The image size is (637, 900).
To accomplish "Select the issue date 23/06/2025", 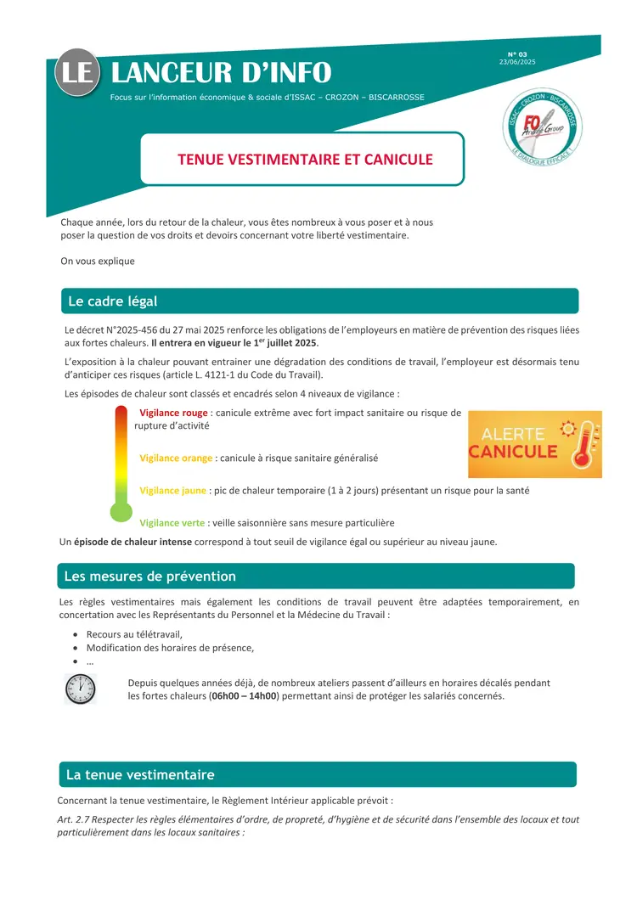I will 517,62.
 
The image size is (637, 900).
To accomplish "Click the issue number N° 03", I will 517,54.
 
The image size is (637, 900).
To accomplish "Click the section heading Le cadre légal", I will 112,301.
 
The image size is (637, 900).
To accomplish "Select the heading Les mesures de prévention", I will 150,577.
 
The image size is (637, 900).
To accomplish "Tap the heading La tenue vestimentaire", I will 140,775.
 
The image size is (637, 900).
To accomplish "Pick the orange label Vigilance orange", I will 176,458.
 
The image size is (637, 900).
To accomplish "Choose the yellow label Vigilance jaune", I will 173,490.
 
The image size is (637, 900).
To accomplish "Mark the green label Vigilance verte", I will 172,523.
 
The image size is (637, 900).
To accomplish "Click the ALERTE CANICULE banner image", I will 535,444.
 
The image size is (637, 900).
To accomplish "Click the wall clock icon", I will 81,689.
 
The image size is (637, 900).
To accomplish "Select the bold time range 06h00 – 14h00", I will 245,696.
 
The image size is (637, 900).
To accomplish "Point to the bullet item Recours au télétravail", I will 134,634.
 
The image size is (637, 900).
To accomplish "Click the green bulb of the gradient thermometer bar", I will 121,512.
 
